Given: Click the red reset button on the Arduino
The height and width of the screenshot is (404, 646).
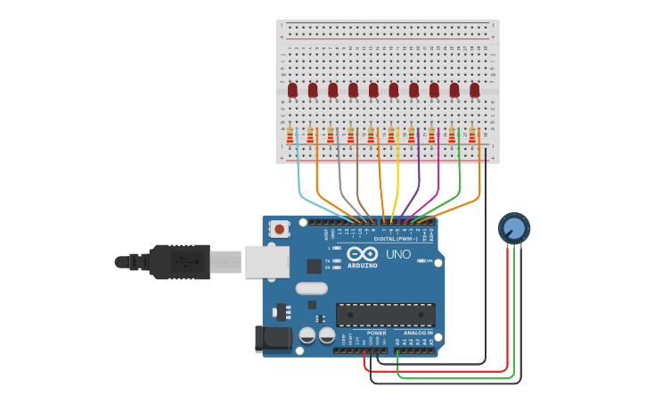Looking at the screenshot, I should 280,229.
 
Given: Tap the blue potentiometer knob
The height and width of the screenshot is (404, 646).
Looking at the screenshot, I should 514,228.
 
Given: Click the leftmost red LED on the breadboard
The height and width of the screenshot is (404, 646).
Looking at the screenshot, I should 292,89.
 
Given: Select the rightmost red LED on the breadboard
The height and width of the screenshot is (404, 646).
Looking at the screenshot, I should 475,89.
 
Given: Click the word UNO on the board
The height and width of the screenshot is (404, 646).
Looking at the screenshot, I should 397,254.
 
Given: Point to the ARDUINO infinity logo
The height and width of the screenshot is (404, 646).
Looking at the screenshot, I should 363,254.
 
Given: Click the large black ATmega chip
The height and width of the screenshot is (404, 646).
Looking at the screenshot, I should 385,314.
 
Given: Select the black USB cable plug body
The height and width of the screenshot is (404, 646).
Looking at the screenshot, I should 178,261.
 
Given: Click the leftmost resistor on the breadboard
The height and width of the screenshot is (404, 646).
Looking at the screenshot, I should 290,136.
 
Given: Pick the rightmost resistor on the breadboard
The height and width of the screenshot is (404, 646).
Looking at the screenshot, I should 472,136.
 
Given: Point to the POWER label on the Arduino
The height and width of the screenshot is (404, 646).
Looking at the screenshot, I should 376,333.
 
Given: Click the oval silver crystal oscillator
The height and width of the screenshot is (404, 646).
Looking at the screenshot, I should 311,288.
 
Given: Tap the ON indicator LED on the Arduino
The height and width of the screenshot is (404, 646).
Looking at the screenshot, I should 420,260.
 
